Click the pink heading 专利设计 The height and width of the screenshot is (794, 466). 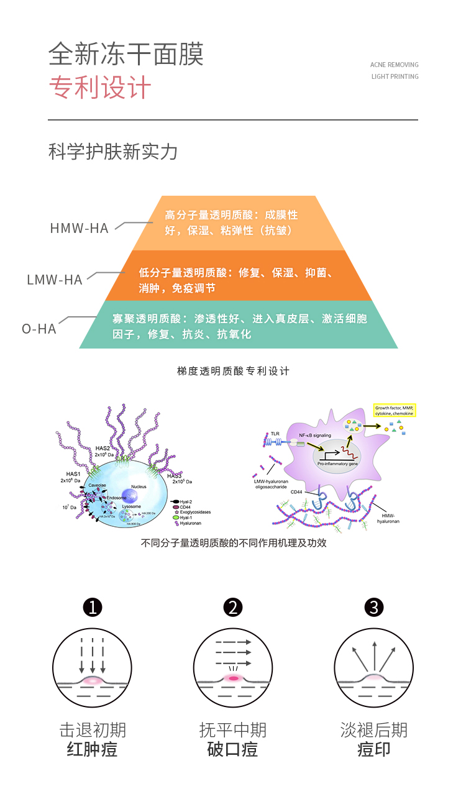[100, 88]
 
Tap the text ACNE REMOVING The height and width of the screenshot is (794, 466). [394, 65]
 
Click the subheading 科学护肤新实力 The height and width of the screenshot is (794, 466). [112, 152]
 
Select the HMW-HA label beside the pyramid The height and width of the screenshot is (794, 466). [79, 229]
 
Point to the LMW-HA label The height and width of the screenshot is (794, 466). [55, 280]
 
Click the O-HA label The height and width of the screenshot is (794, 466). [39, 329]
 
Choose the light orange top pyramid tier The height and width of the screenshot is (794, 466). [239, 222]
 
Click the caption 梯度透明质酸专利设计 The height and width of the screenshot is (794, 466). [233, 371]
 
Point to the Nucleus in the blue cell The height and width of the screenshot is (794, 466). [139, 486]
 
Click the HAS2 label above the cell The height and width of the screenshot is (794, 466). [103, 448]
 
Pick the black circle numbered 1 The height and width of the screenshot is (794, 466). [93, 607]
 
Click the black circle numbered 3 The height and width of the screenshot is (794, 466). [374, 607]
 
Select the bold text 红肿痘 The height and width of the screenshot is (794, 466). [92, 749]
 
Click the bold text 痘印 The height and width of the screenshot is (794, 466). [374, 749]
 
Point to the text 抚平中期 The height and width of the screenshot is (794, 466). [233, 729]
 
